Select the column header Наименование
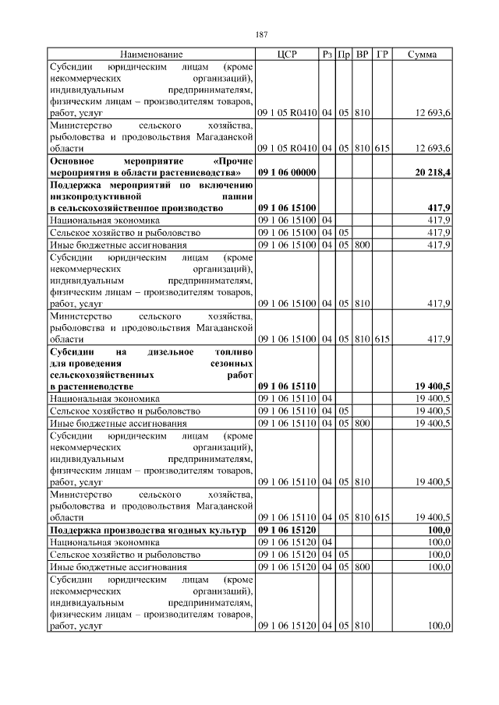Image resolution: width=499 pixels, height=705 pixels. (x=151, y=55)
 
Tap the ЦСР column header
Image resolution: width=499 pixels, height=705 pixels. (x=287, y=55)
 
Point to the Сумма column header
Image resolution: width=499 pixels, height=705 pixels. (x=422, y=55)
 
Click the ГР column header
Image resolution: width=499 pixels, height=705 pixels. (x=382, y=55)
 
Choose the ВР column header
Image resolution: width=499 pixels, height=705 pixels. (x=362, y=55)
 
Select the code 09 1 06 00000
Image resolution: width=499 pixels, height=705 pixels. (x=286, y=171)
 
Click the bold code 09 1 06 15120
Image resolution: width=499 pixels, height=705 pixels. (x=286, y=530)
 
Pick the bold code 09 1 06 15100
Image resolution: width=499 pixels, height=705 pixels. (x=286, y=209)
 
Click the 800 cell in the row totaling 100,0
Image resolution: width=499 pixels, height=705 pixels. (x=362, y=567)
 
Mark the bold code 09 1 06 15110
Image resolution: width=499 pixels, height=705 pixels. (x=286, y=386)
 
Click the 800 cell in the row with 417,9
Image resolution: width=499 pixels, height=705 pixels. (x=362, y=245)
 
